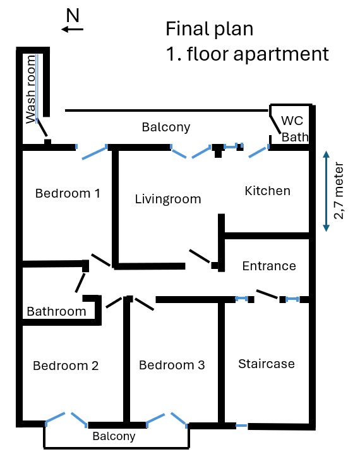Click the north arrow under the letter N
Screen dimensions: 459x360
click(x=73, y=29)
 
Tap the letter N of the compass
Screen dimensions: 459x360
click(x=73, y=16)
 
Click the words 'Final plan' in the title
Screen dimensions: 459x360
click(x=209, y=29)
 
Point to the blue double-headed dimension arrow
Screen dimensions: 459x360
click(x=326, y=190)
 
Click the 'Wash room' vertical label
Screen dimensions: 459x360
click(x=30, y=88)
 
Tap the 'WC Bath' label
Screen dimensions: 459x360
click(x=294, y=128)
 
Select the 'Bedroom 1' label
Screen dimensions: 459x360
click(x=68, y=193)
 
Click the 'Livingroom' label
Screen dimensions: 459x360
click(x=168, y=200)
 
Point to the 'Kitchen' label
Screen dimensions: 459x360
click(x=268, y=191)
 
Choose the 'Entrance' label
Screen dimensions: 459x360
click(x=269, y=266)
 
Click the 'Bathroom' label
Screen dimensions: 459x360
click(x=56, y=311)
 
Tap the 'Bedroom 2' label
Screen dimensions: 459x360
click(x=66, y=366)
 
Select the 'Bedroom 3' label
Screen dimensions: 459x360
click(x=172, y=365)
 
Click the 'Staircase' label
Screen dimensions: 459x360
click(x=267, y=364)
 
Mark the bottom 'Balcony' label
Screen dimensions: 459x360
click(x=114, y=436)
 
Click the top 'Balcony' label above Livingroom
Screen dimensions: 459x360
click(x=165, y=127)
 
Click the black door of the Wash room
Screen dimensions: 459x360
click(x=43, y=129)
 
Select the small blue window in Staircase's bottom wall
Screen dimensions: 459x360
click(x=241, y=426)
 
